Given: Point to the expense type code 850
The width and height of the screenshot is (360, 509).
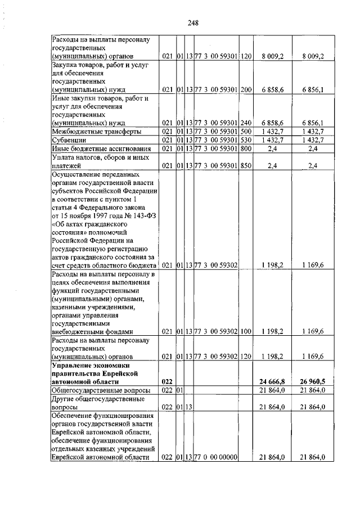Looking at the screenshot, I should [246, 165].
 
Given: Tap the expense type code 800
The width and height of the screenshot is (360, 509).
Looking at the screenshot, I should [246, 148].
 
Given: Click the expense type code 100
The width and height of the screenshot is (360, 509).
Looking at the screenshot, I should [246, 331].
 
